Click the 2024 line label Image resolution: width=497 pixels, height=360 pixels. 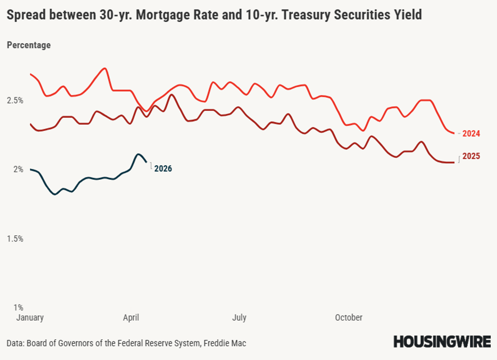471,134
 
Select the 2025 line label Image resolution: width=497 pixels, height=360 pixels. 471,157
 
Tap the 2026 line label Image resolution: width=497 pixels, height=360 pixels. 163,169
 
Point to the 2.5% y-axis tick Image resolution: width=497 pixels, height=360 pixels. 14,101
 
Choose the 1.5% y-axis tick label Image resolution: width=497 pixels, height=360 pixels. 14,239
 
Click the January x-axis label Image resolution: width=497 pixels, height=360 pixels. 30,318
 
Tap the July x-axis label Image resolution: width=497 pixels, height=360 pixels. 239,318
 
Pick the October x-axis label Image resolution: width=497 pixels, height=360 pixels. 349,318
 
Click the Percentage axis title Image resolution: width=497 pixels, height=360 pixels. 29,45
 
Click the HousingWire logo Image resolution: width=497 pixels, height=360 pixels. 442,342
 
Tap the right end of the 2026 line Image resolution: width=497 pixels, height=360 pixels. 147,162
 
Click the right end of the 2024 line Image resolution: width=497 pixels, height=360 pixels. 454,133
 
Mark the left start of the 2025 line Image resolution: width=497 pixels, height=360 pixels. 30,124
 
